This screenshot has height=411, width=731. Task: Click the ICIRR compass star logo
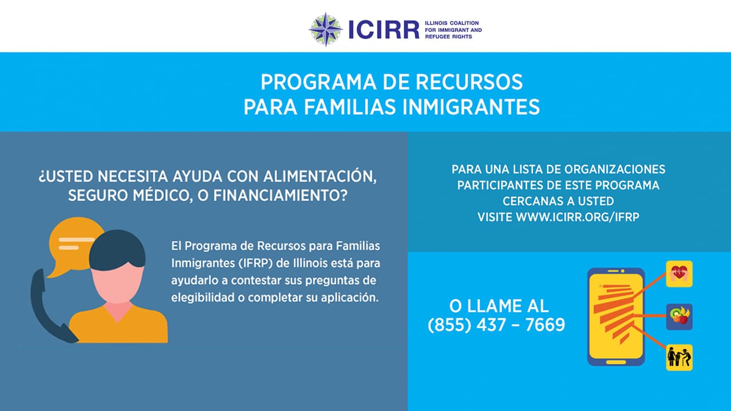coord(326,29)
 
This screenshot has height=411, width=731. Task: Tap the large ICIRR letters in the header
coord(384,30)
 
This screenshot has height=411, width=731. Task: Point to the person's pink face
coord(118,283)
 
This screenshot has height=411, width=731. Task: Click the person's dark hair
coord(117,249)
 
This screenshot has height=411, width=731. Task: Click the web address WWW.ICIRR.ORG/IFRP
coord(577,217)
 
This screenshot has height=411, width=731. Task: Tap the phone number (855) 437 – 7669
coord(496,325)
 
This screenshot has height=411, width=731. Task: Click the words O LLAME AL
coord(496,306)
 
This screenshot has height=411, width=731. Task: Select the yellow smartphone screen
coord(616,316)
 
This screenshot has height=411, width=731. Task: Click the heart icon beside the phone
coord(679,273)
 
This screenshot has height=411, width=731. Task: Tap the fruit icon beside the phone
coord(679,316)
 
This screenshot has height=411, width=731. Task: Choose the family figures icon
coord(679,358)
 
